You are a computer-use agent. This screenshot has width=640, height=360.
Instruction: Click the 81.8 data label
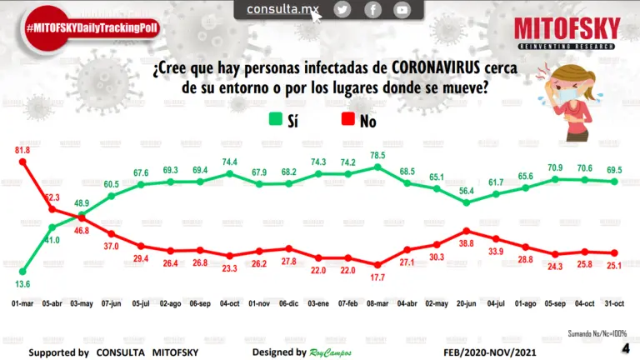[x=23, y=149]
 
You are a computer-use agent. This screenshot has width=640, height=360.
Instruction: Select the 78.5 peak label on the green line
[x=377, y=155]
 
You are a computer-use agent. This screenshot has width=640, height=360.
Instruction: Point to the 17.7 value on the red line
[x=377, y=277]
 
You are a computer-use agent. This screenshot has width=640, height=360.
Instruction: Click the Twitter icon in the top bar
[x=342, y=9]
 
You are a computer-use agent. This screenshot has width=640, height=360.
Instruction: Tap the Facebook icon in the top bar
[x=372, y=9]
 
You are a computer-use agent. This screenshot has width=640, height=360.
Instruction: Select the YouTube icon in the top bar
[x=402, y=9]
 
